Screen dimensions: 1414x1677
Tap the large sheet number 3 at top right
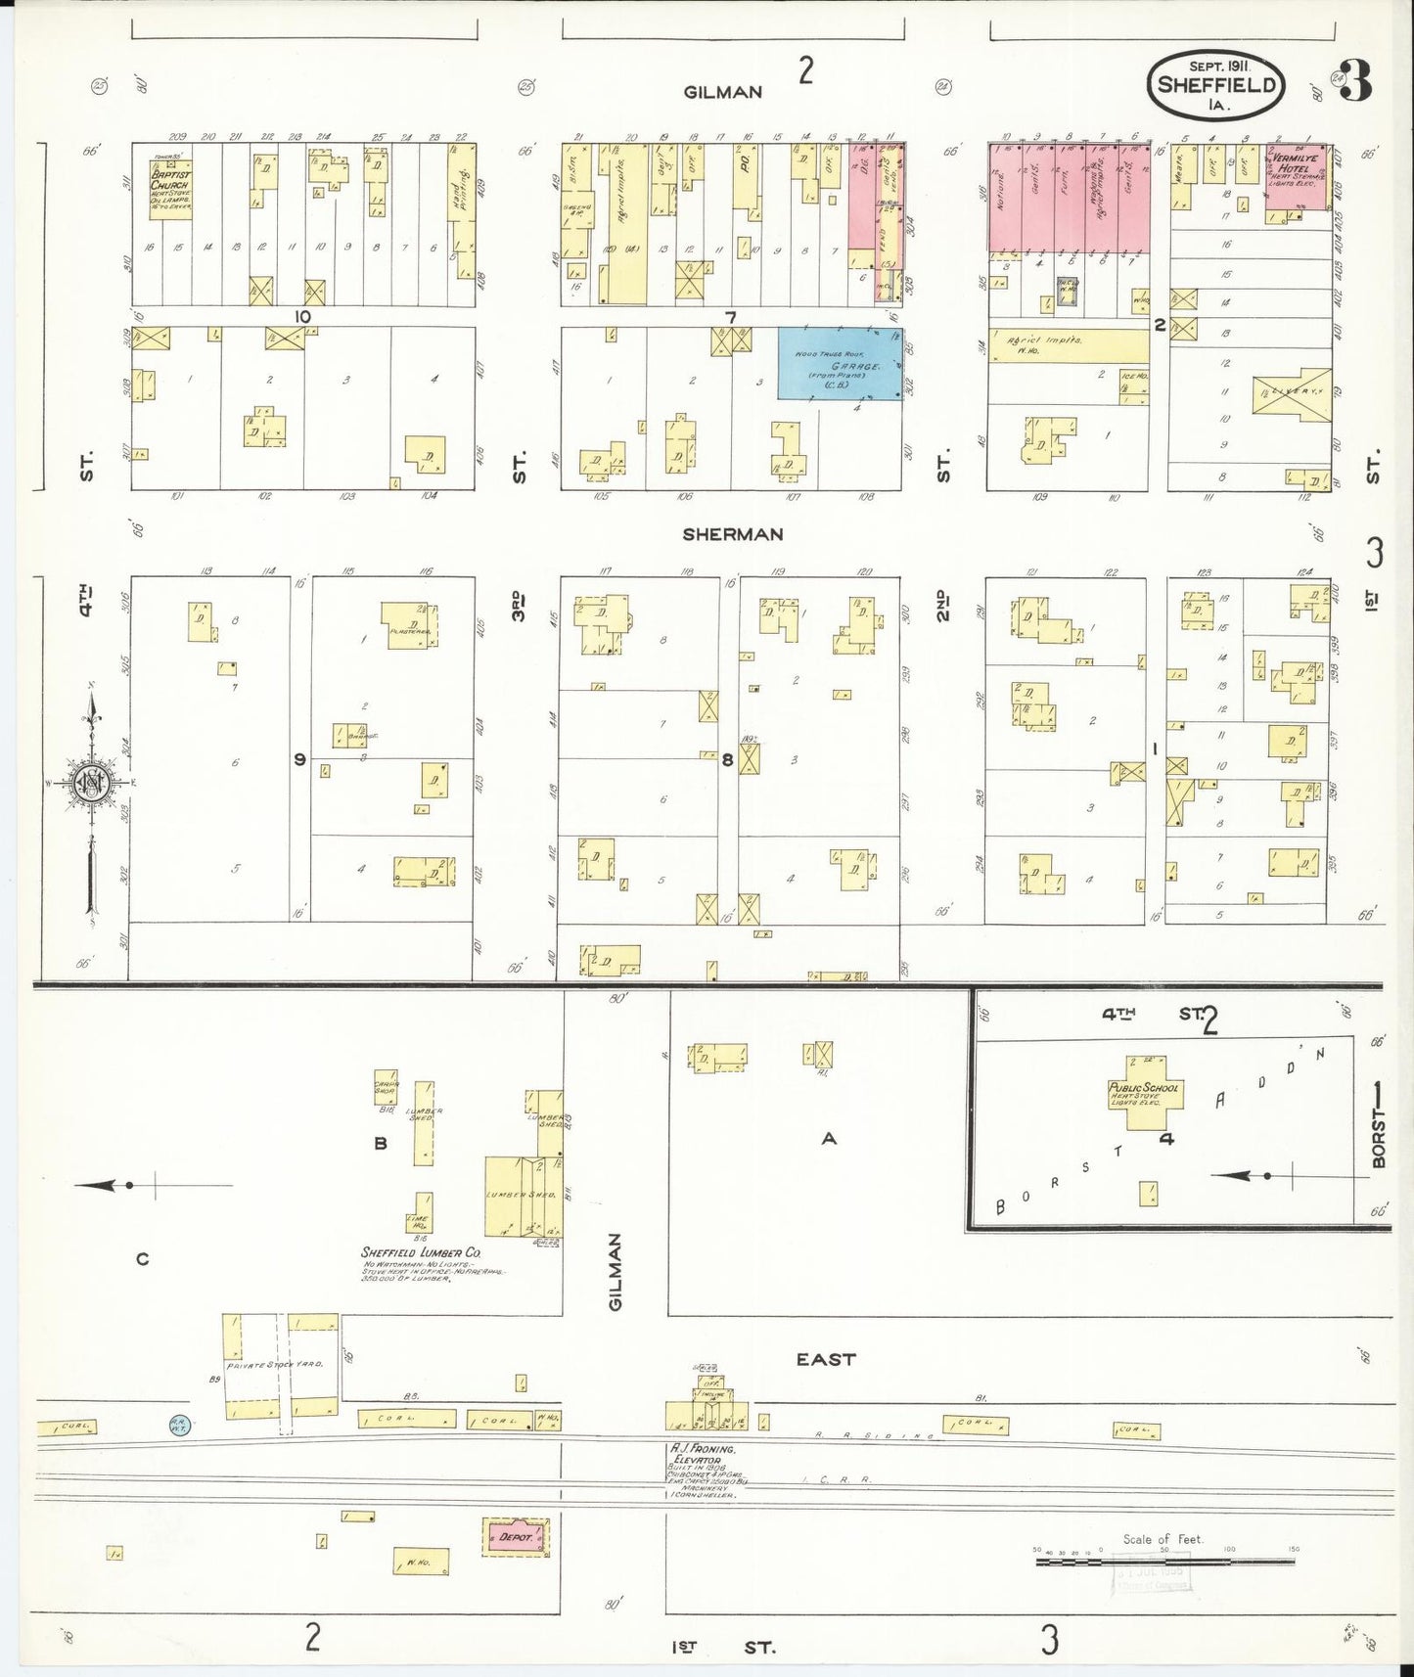(x=1355, y=81)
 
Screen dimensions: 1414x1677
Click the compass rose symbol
(x=91, y=783)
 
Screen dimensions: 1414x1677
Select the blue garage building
(x=840, y=364)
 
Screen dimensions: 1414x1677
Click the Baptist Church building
(x=170, y=188)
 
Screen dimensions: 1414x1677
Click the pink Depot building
(x=516, y=1537)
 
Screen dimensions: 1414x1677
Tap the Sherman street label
(x=733, y=534)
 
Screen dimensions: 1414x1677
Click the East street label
(x=825, y=1359)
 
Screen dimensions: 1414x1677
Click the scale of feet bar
(x=1164, y=1562)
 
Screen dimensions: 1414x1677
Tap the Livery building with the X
(x=1292, y=392)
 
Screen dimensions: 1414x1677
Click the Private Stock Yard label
(x=274, y=1365)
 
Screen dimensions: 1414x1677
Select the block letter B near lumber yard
(x=381, y=1143)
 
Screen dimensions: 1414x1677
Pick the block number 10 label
(x=302, y=317)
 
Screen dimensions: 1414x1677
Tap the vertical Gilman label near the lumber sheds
(x=615, y=1272)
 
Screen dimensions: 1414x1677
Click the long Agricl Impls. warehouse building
(x=1069, y=345)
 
